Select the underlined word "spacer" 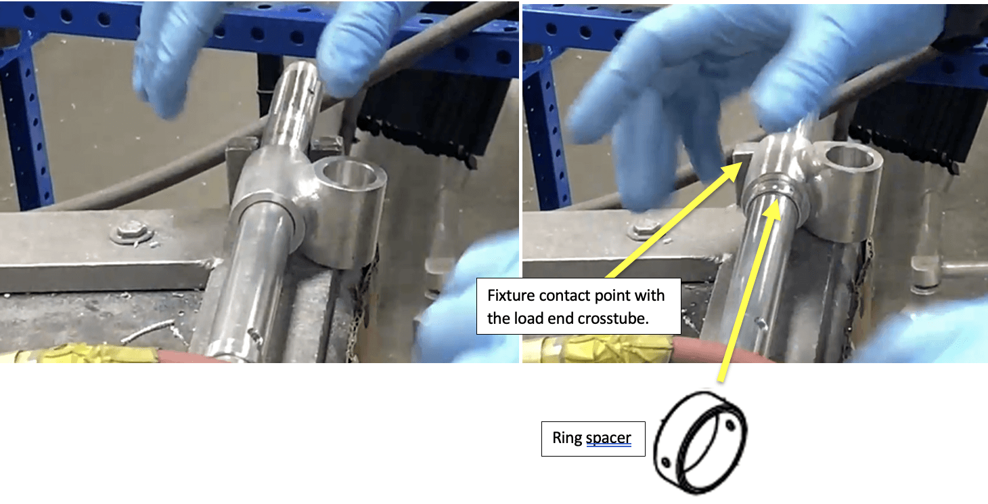[608, 438]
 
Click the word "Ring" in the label [567, 438]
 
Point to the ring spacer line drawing [700, 442]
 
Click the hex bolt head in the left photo [131, 231]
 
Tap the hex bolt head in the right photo [646, 228]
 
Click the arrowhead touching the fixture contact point [733, 171]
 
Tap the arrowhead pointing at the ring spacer [773, 212]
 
